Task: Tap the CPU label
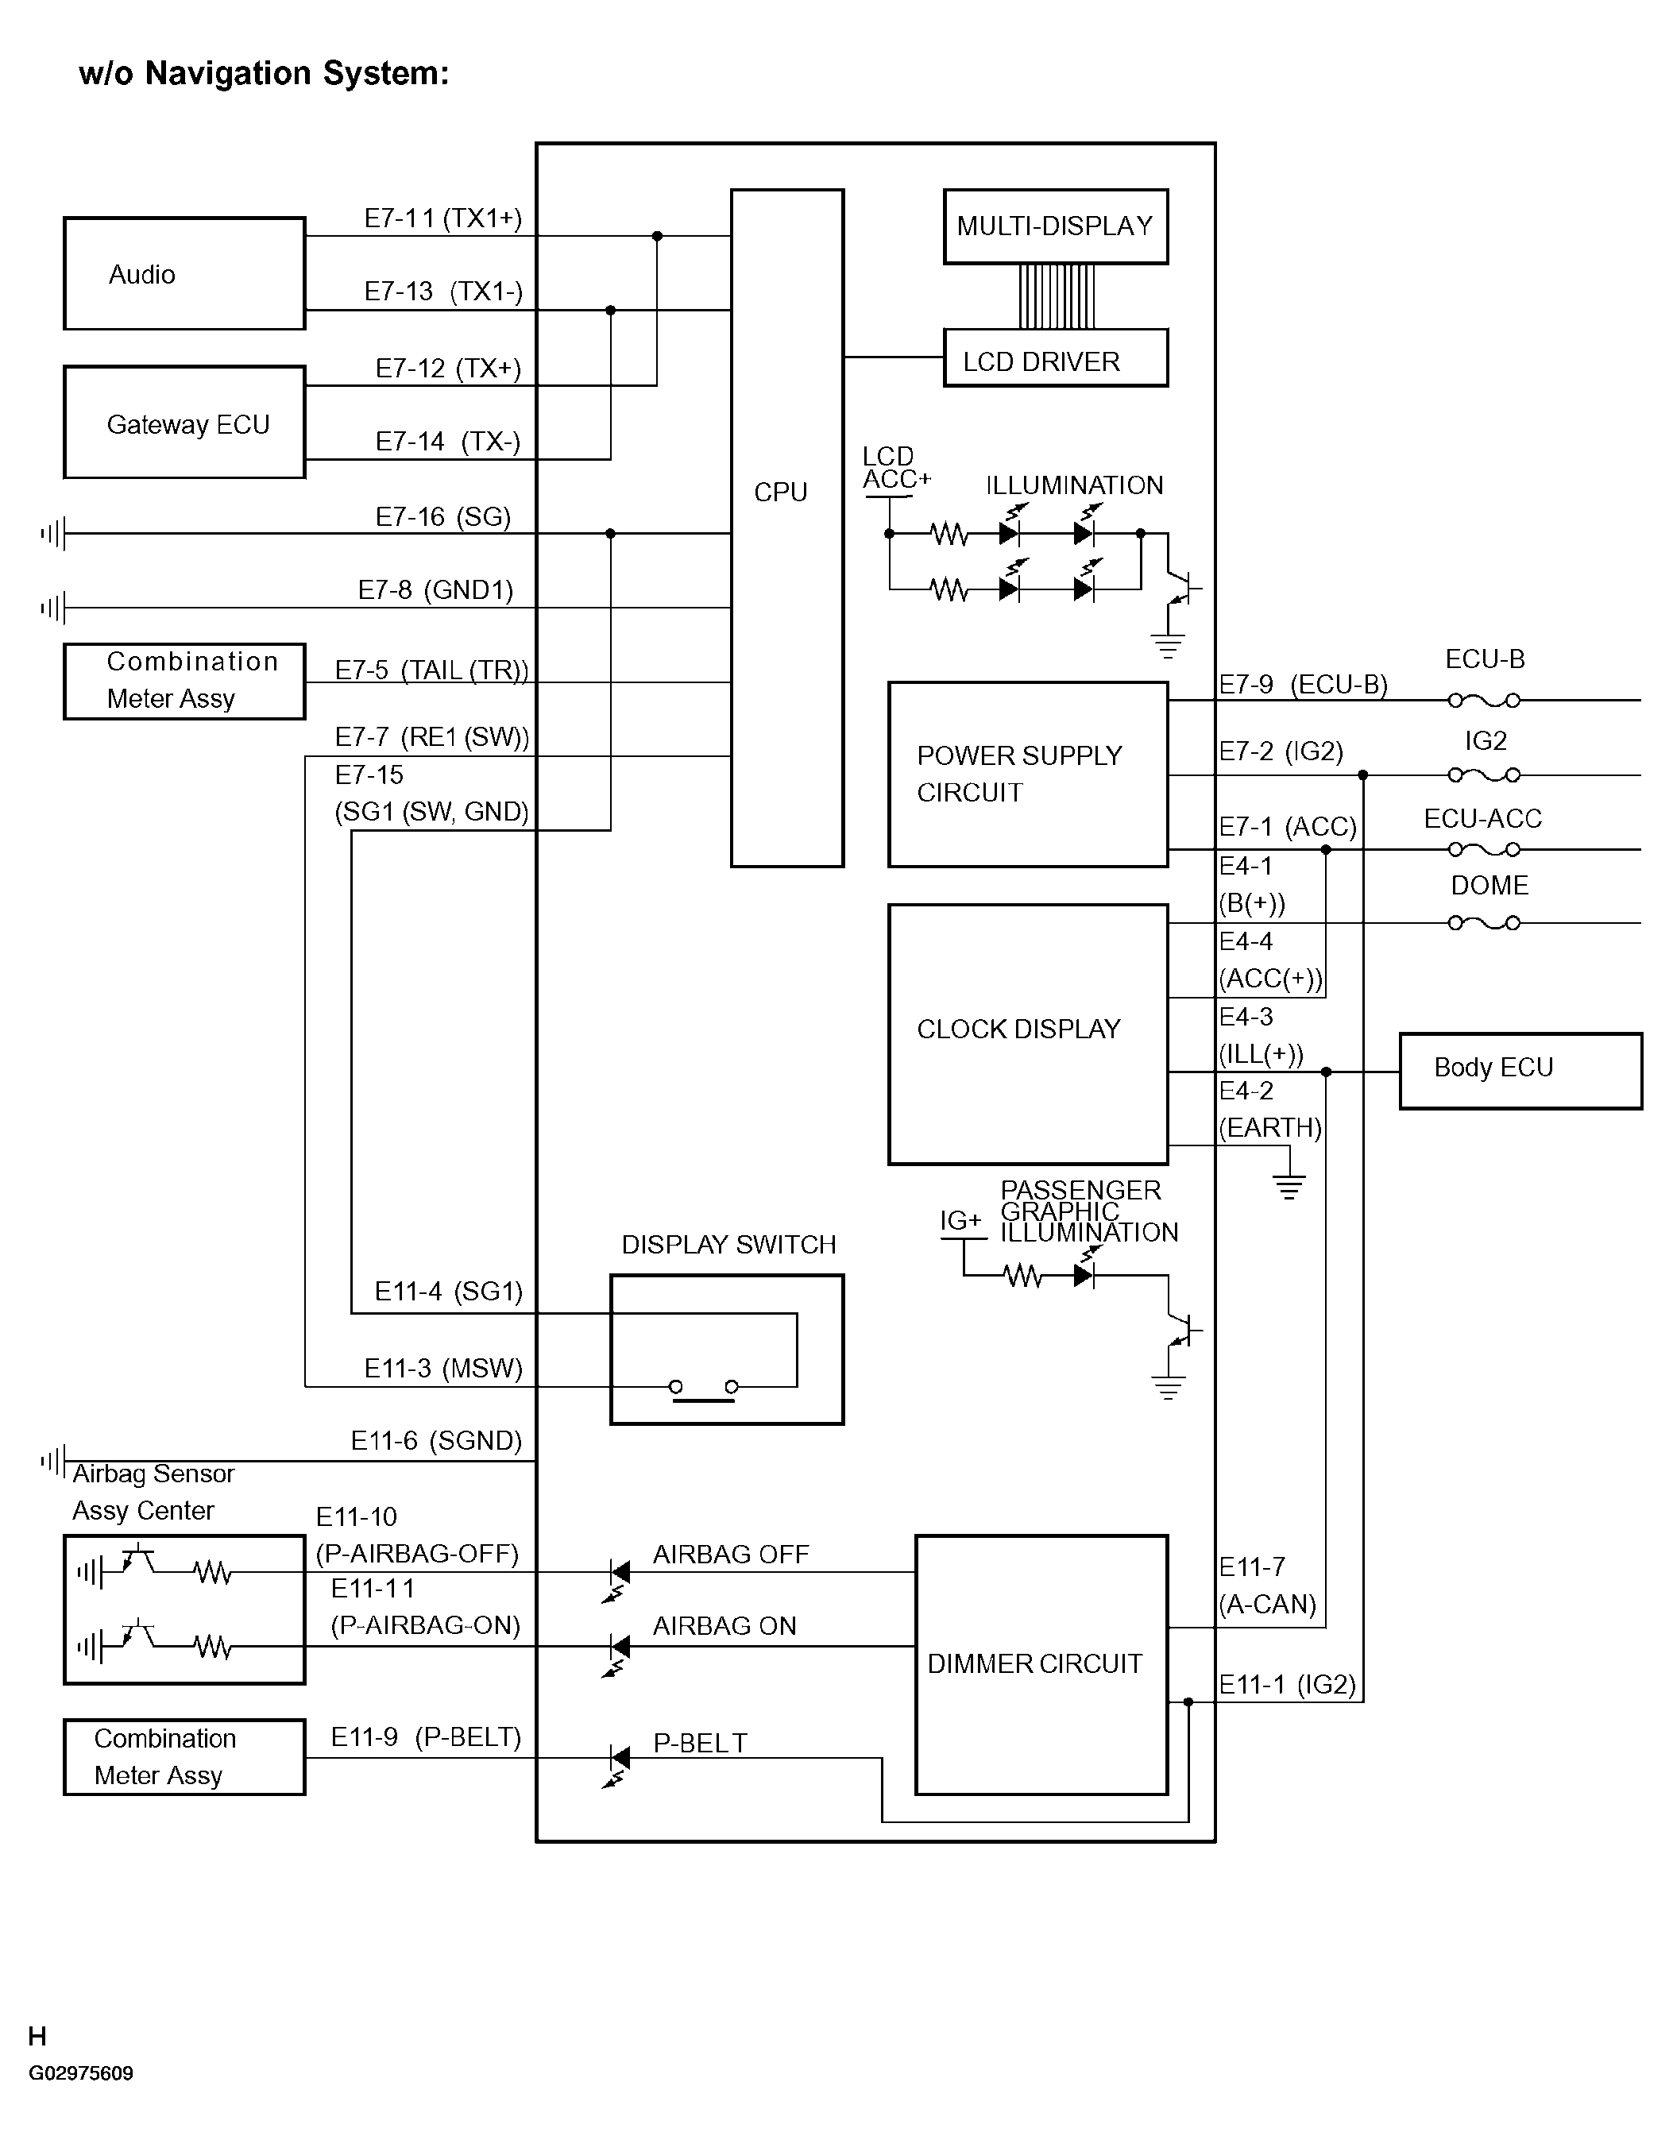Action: point(780,492)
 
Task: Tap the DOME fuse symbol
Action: point(1484,923)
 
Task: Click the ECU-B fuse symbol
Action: point(1484,701)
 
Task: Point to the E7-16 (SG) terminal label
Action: point(443,516)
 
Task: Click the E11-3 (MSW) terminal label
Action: point(443,1368)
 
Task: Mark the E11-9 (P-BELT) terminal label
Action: point(425,1737)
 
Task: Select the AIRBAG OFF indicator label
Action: point(731,1555)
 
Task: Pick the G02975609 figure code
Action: point(80,2073)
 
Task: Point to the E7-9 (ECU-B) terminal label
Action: point(1304,685)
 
